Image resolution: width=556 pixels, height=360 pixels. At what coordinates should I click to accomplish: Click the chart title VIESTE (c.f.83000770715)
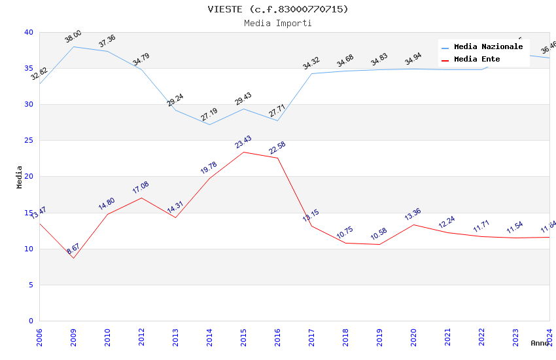(278, 9)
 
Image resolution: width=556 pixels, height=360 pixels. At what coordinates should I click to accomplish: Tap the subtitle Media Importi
(278, 23)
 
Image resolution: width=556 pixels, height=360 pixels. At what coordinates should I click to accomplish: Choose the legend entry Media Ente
(477, 60)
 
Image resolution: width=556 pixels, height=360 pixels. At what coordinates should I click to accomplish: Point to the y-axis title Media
(20, 177)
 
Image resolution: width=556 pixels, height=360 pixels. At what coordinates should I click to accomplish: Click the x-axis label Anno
(540, 343)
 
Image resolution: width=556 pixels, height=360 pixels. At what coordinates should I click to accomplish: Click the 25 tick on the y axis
(29, 141)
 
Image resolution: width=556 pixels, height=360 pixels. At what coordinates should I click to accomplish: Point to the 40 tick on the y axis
(29, 32)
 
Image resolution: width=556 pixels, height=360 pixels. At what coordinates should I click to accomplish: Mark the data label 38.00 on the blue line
(73, 36)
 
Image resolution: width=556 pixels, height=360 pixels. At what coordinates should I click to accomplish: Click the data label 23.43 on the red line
(243, 142)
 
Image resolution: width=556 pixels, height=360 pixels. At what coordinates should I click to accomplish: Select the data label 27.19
(209, 115)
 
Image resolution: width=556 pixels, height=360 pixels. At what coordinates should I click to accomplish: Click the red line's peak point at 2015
(243, 152)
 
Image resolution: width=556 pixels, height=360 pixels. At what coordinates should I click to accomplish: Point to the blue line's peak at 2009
(73, 46)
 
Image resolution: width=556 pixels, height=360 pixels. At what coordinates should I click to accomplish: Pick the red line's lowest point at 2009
(73, 258)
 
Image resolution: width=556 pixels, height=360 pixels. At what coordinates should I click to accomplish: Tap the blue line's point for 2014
(209, 124)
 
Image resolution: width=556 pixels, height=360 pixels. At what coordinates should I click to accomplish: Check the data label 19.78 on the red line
(209, 168)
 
